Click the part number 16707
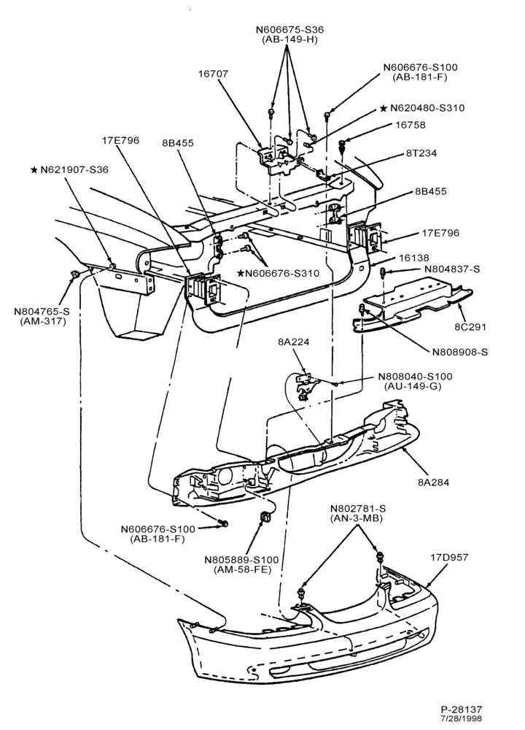pos(213,74)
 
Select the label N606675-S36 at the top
pos(289,30)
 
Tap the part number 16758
pos(411,126)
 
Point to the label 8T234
pos(421,153)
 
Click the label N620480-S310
pos(427,108)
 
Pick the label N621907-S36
pos(74,170)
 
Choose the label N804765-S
pos(42,312)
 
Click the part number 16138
pos(414,258)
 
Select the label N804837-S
pos(453,269)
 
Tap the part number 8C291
pos(470,327)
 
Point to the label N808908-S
pos(460,352)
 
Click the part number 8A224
pos(293,342)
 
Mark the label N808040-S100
pos(415,376)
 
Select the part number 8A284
pos(434,483)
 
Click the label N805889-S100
pos(242,560)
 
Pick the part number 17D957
pos(449,557)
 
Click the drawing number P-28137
pos(462,710)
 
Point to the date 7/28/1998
pos(462,718)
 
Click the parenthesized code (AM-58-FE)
pos(242,569)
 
